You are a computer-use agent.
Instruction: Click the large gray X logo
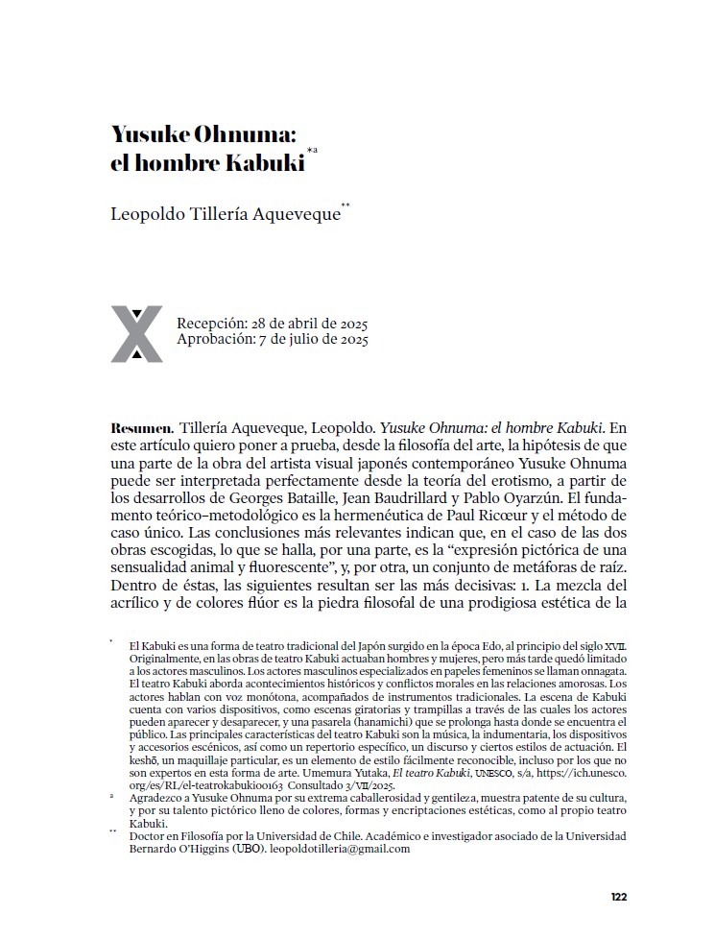(136, 334)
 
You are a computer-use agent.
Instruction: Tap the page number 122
(618, 897)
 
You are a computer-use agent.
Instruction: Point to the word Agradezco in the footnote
(157, 798)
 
